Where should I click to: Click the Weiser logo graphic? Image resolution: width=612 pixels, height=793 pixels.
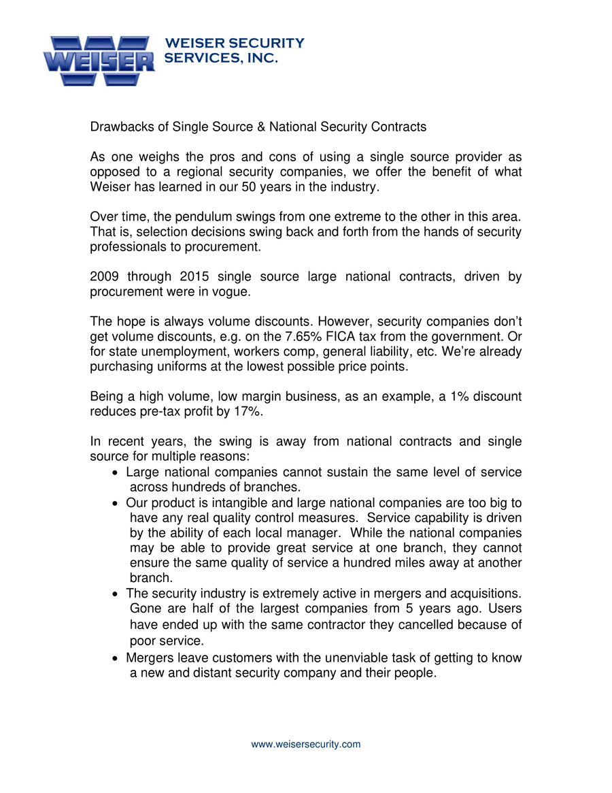coord(99,61)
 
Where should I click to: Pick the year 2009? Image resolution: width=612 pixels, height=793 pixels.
coord(104,277)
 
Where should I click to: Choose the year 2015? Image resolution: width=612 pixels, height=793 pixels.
coord(199,277)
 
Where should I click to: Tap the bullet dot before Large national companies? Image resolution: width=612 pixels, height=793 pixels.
coord(117,472)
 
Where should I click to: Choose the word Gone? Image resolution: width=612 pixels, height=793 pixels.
coord(143,609)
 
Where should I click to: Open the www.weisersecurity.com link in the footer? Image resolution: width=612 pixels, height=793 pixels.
coord(306,745)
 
